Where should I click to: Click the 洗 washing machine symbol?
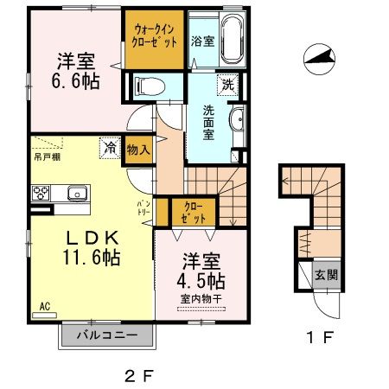point(227,85)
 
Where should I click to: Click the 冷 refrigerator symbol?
point(111,148)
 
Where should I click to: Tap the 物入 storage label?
point(138,149)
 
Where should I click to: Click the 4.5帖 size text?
point(204,282)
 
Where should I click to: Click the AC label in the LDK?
point(44,305)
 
